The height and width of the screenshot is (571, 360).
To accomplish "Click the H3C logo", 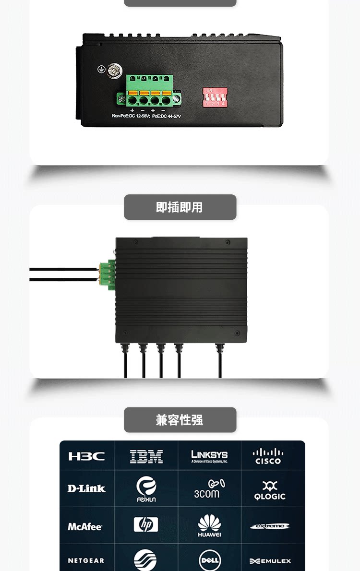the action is point(86,456).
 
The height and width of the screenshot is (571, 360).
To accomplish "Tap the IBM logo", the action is point(146,456).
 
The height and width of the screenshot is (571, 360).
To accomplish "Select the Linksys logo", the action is point(209,456).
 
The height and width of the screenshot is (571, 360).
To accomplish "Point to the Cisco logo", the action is point(268,456).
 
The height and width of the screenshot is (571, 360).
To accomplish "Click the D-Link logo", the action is point(86,488).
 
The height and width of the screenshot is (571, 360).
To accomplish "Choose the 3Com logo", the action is point(209,489).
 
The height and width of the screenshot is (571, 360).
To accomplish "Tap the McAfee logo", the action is point(85,526).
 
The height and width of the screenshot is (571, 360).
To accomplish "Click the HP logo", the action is point(146,524).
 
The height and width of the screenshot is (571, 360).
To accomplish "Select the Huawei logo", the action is point(209,525).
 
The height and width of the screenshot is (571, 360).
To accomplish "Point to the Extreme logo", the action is point(270,526).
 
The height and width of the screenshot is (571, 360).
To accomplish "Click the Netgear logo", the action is point(86,560).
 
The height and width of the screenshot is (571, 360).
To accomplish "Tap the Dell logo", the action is point(210,560).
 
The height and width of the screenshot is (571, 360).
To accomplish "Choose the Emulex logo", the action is point(270,561).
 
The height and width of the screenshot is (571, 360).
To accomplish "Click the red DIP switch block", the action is point(215,97).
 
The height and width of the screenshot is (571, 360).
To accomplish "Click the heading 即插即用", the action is point(180,207).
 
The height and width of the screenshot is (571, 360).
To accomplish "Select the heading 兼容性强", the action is point(180,420).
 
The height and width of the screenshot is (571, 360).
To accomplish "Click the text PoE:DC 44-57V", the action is point(167,116).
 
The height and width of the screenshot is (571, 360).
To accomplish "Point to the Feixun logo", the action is point(146,489).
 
